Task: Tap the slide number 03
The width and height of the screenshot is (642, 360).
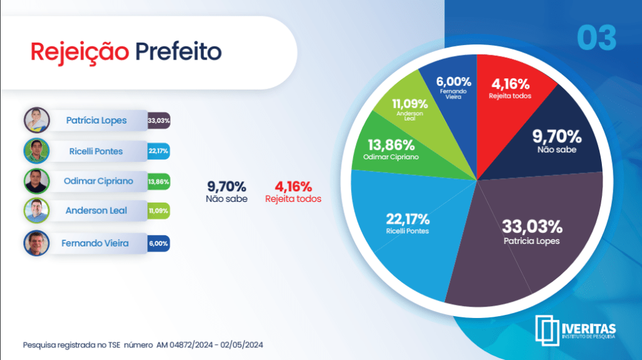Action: (x=596, y=39)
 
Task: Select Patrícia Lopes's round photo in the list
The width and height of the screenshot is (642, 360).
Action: (x=36, y=120)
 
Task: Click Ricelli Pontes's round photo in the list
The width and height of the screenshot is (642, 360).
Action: (x=36, y=151)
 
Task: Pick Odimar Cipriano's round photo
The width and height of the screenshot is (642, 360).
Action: (x=36, y=181)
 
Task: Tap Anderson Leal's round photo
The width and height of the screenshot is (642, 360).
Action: (x=36, y=211)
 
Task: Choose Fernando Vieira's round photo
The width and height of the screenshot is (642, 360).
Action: (x=36, y=243)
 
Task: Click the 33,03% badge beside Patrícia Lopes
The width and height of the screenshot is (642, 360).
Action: (x=159, y=120)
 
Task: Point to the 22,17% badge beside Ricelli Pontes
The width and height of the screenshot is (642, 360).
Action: (x=158, y=151)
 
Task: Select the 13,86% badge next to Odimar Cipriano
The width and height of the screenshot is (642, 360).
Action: (x=159, y=181)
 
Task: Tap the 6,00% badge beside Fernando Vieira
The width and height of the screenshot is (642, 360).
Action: (x=159, y=243)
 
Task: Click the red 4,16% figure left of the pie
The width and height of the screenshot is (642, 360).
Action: (x=293, y=186)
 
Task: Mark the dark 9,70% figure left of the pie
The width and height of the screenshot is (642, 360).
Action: (x=226, y=186)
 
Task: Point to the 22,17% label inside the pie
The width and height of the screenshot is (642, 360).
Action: (x=408, y=220)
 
